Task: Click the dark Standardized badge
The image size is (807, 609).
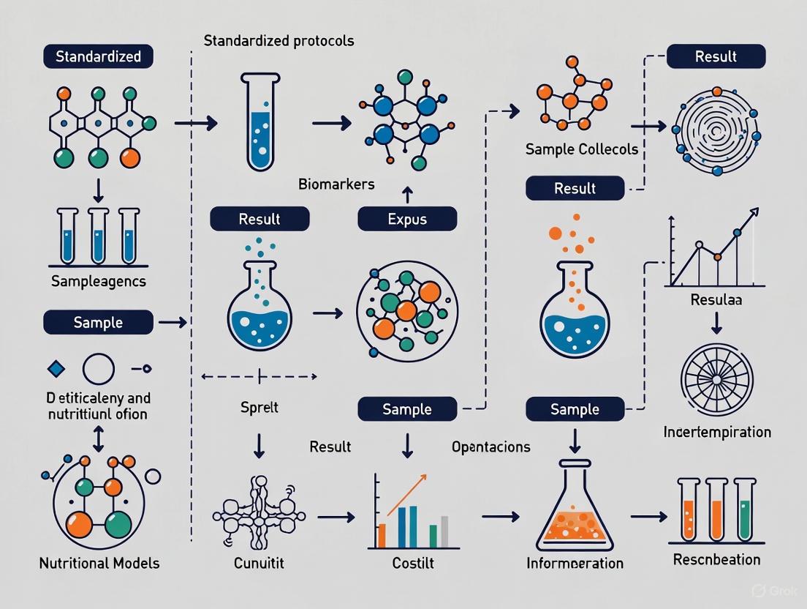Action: [x=98, y=56]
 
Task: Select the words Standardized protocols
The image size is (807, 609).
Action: [x=279, y=40]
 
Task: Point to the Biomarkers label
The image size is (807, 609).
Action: [x=336, y=184]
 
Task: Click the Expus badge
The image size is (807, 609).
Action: [x=407, y=219]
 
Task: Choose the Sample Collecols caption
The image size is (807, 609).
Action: [x=581, y=149]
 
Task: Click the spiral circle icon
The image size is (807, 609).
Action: [x=716, y=132]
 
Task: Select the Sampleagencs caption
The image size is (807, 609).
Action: [x=99, y=280]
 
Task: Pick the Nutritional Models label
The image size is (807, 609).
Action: [x=99, y=563]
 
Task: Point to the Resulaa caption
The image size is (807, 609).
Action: [x=716, y=299]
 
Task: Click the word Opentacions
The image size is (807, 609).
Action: [x=491, y=446]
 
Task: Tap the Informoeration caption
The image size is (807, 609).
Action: [x=575, y=563]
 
